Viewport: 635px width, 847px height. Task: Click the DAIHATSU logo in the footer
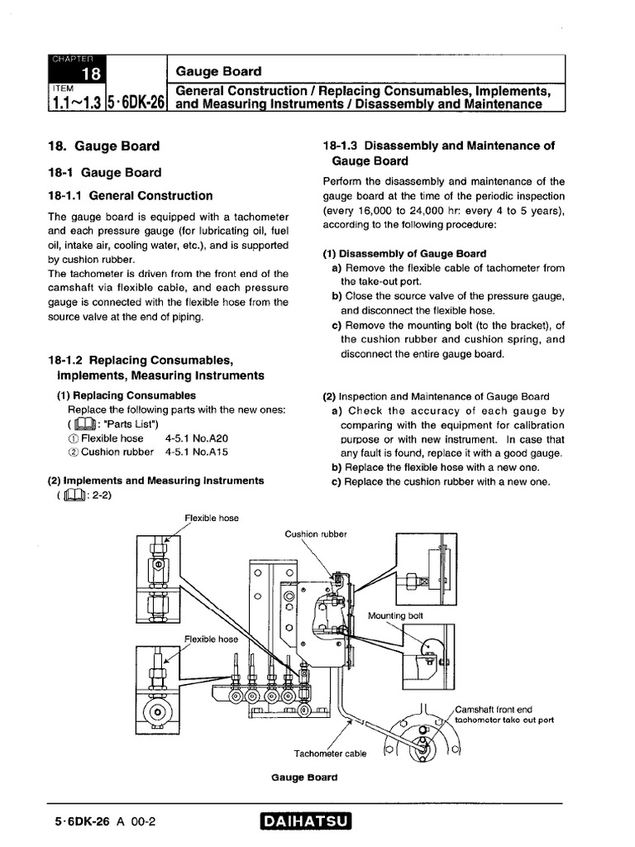coord(305,821)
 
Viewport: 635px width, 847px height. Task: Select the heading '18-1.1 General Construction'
coord(130,196)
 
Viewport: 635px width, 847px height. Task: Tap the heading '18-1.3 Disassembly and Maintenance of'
coord(438,146)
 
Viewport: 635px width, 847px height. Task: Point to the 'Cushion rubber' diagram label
coord(316,534)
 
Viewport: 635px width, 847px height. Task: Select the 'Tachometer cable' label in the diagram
coord(330,753)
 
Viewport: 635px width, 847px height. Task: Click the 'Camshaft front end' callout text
coord(494,709)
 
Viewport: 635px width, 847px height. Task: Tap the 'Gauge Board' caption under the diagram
coord(304,778)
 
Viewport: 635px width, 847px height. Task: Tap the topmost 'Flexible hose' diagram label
coord(212,518)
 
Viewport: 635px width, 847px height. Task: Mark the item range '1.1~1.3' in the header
coord(75,103)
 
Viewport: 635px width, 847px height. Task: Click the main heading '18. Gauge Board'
coord(104,146)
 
